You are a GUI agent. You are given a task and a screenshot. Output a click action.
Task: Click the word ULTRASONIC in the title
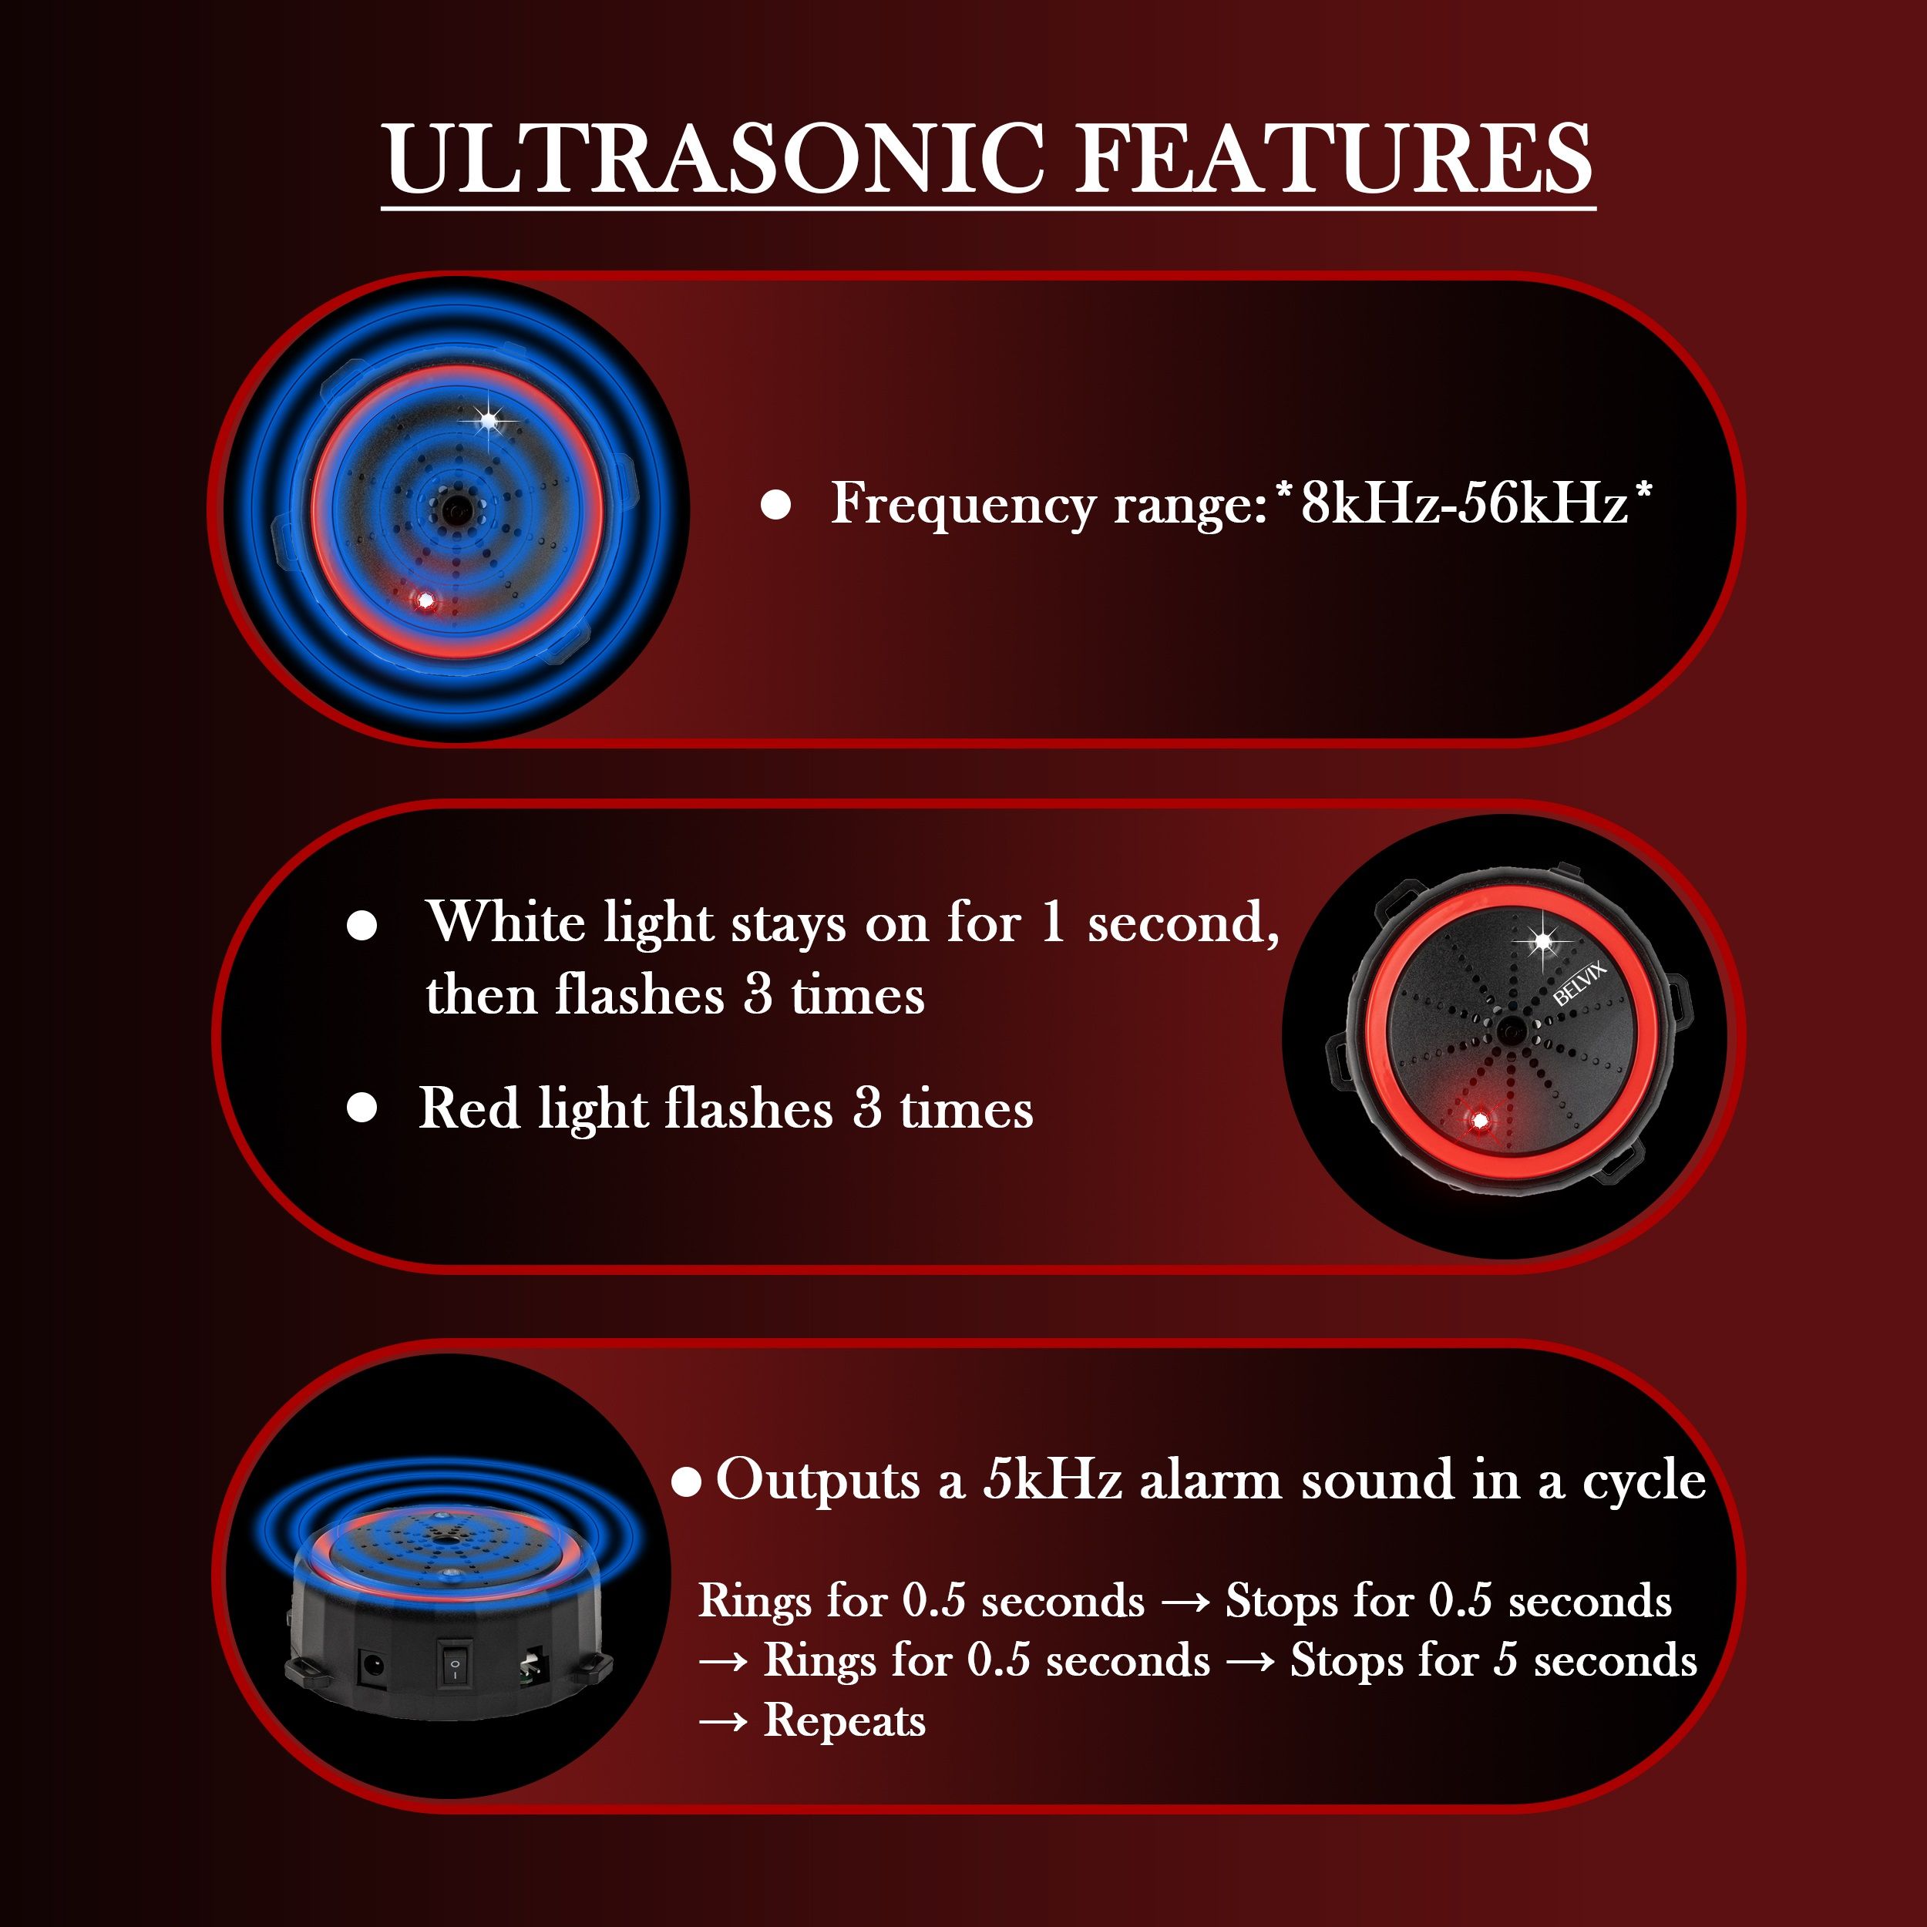coord(715,159)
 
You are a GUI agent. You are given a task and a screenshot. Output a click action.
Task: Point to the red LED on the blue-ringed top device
coord(426,600)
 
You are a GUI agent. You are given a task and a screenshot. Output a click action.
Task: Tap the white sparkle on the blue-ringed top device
coord(488,421)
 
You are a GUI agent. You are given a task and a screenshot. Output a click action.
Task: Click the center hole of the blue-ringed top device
coord(455,509)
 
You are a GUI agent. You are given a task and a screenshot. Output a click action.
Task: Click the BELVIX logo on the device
coord(1580,983)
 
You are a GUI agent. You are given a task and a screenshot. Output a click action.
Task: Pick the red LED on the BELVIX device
coord(1480,1121)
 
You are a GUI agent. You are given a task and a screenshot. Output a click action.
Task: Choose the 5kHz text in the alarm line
coord(1053,1478)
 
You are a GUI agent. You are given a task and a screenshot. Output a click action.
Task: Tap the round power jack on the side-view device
coord(373,1666)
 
